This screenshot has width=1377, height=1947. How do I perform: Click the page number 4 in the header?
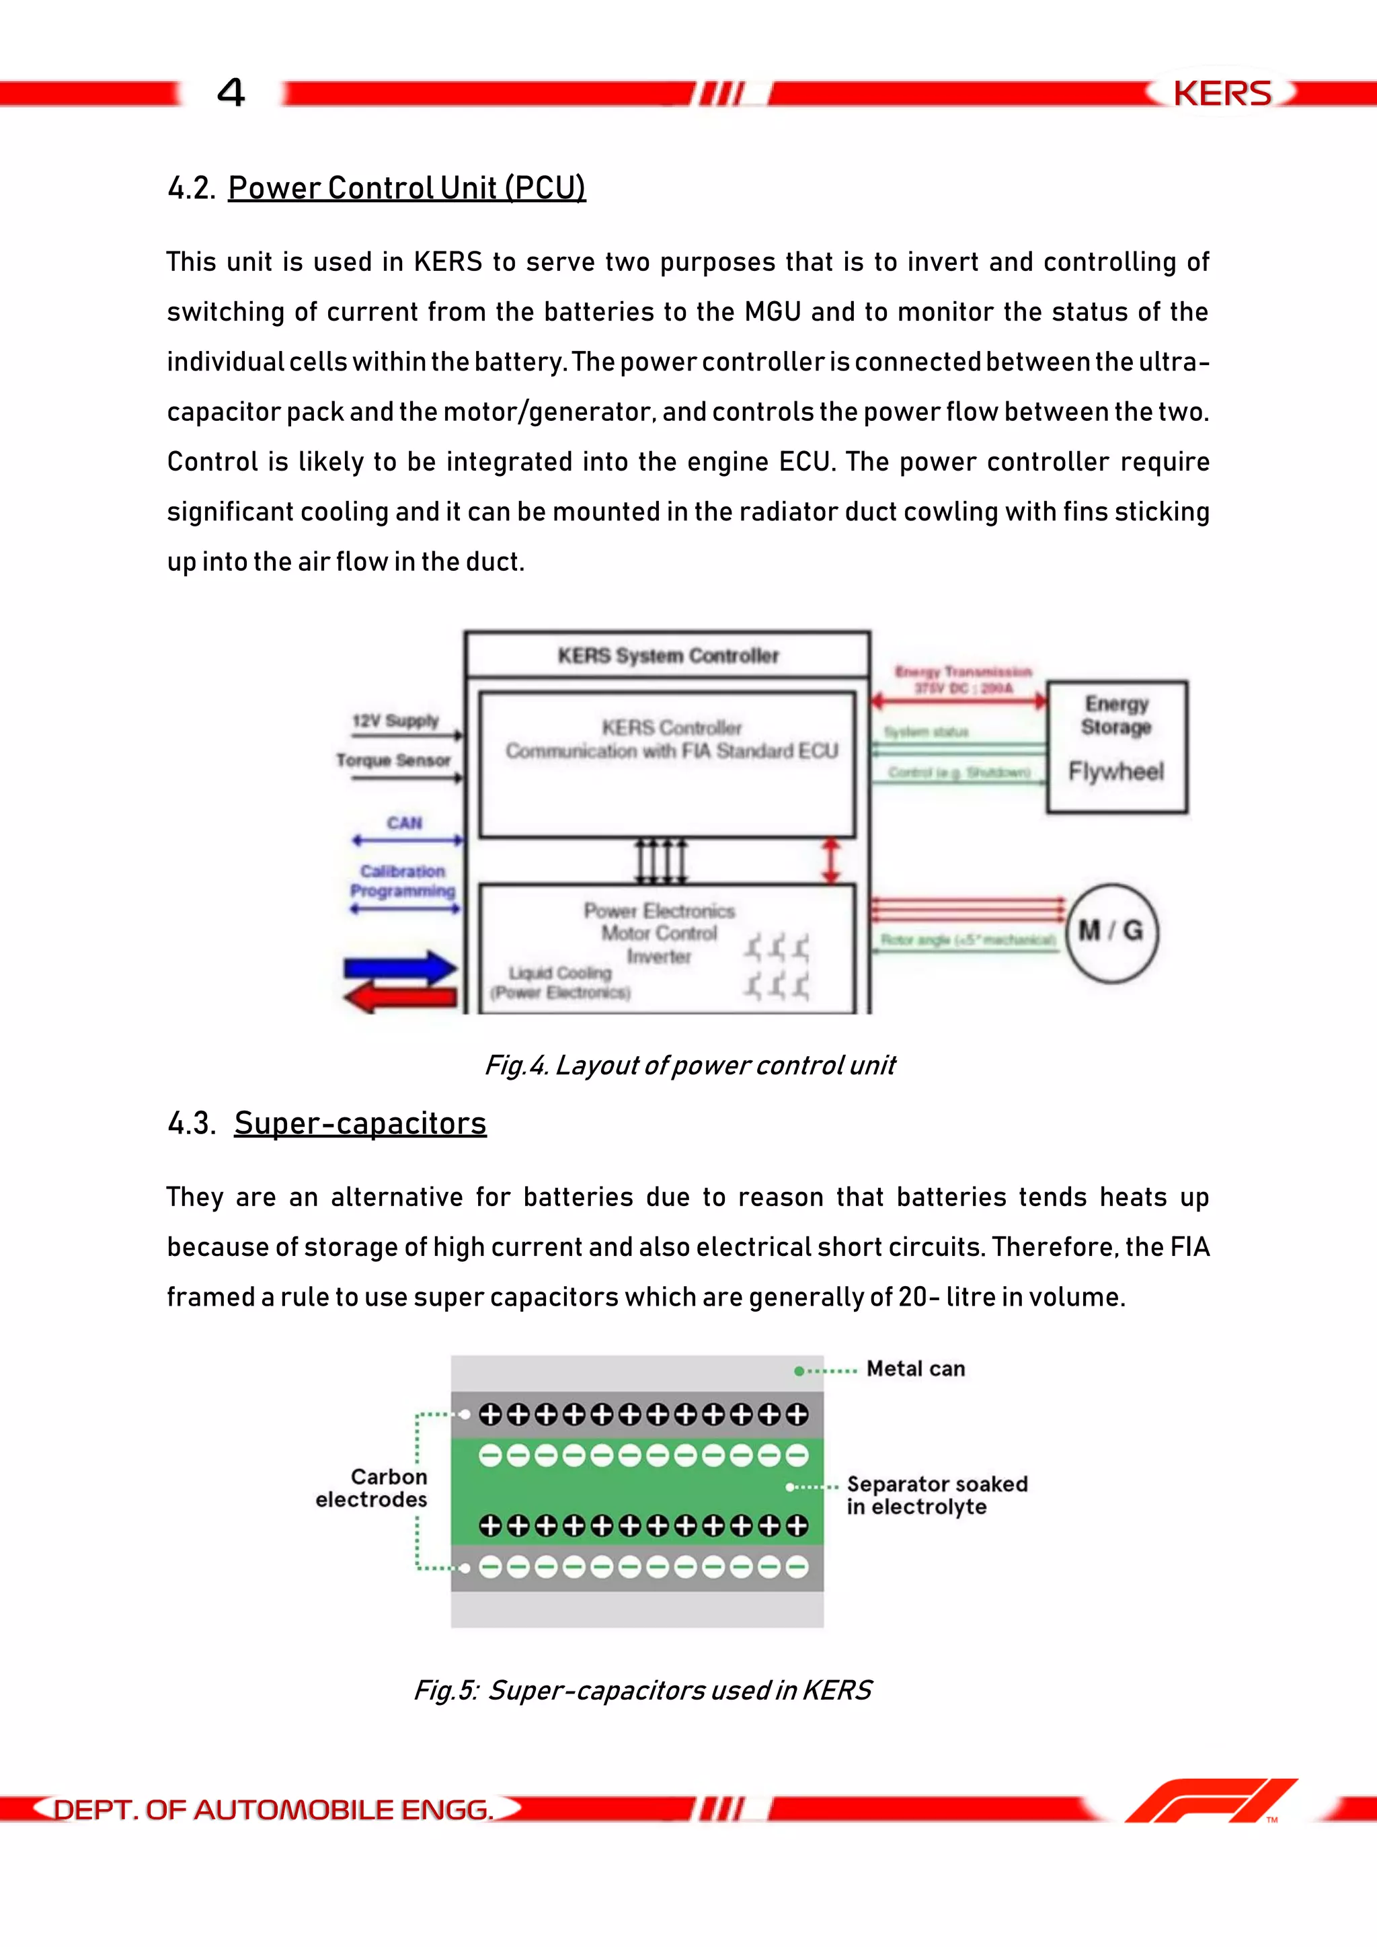click(x=231, y=92)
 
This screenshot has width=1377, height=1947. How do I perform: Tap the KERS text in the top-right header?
click(x=1222, y=93)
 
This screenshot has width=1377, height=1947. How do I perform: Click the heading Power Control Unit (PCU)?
click(x=406, y=188)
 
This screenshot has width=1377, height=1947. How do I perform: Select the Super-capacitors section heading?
click(x=360, y=1123)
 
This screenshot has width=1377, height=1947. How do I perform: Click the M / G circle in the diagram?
click(x=1111, y=932)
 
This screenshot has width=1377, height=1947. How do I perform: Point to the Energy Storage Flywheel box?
click(x=1117, y=746)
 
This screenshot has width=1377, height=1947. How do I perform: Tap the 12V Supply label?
click(x=395, y=721)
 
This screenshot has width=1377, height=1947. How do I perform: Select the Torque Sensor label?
click(x=393, y=760)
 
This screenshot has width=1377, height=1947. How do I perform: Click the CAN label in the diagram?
click(x=405, y=822)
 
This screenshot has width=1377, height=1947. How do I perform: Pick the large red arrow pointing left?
click(x=400, y=996)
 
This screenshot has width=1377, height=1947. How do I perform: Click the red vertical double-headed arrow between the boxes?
click(x=832, y=861)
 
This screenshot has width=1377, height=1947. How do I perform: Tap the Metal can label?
click(x=915, y=1369)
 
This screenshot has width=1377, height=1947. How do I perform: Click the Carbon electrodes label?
click(x=372, y=1488)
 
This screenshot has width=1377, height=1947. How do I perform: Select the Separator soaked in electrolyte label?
click(x=936, y=1495)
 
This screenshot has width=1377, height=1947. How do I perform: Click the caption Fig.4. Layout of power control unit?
click(x=689, y=1065)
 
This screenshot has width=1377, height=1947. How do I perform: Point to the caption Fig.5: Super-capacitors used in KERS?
click(x=642, y=1690)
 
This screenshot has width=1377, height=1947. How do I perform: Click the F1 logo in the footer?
click(x=1211, y=1801)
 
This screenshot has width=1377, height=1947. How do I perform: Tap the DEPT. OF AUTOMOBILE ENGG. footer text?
click(x=273, y=1810)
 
